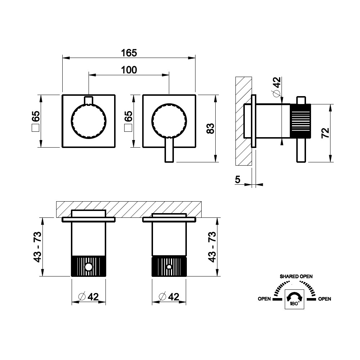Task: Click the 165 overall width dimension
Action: [x=129, y=53]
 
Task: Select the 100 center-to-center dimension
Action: [x=129, y=70]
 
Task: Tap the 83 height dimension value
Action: [x=210, y=129]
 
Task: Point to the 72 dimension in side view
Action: [x=325, y=133]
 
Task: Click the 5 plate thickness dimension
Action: [x=238, y=179]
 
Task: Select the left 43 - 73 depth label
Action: [x=37, y=247]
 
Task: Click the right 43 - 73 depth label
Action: [x=212, y=247]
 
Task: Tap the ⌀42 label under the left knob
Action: [x=89, y=297]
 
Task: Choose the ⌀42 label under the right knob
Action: [x=169, y=297]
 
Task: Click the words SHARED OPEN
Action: [x=296, y=276]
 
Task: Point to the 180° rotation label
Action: [x=295, y=304]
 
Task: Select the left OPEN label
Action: [x=264, y=299]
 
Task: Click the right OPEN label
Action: [x=325, y=299]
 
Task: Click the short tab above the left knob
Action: [x=89, y=100]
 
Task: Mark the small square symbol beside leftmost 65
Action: [x=35, y=128]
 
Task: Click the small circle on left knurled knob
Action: [x=89, y=267]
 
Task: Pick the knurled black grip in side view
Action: [x=301, y=121]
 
